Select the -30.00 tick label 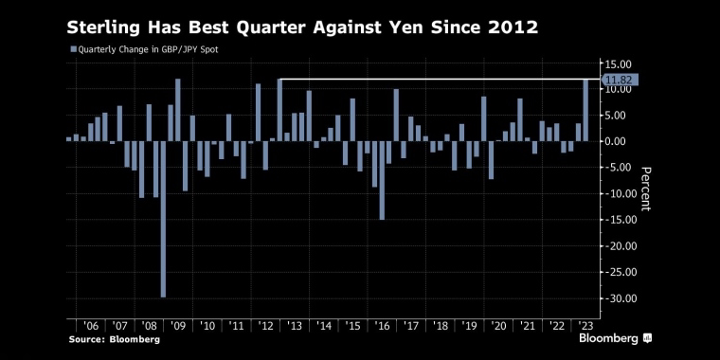[619, 298]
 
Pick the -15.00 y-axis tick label [619, 220]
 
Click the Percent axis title [646, 188]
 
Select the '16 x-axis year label [382, 325]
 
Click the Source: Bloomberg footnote [115, 338]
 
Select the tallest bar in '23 [585, 110]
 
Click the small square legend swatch [73, 48]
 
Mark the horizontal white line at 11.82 [436, 79]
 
